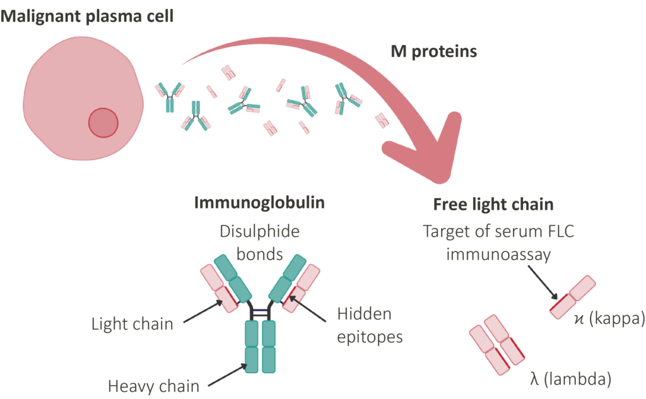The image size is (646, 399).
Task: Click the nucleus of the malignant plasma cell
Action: coord(103,123)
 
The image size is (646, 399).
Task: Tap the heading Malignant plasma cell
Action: coord(87,16)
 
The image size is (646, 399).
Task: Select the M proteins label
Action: coord(434,52)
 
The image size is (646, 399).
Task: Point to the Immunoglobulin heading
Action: coord(259,203)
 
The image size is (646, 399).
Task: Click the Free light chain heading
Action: coord(493,205)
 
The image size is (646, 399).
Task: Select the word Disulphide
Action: coord(259,231)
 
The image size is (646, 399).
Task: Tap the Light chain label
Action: coord(132,324)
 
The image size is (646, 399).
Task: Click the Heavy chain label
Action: coord(154,386)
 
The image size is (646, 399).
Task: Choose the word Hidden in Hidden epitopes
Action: coord(364,314)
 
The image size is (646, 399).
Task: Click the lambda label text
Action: coord(570,379)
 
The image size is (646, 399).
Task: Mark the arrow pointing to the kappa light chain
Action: coord(543,282)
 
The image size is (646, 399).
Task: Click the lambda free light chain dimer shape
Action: coord(497,345)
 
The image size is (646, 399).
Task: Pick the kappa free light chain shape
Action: coord(573,297)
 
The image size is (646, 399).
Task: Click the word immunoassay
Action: coord(498,254)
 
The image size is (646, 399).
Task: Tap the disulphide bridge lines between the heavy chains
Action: coord(260,313)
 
